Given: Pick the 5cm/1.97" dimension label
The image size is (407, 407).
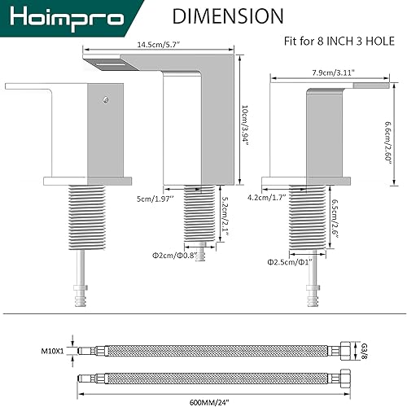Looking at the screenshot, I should (x=148, y=197).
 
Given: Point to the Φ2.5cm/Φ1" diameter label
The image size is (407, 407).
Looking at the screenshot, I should (x=288, y=262).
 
